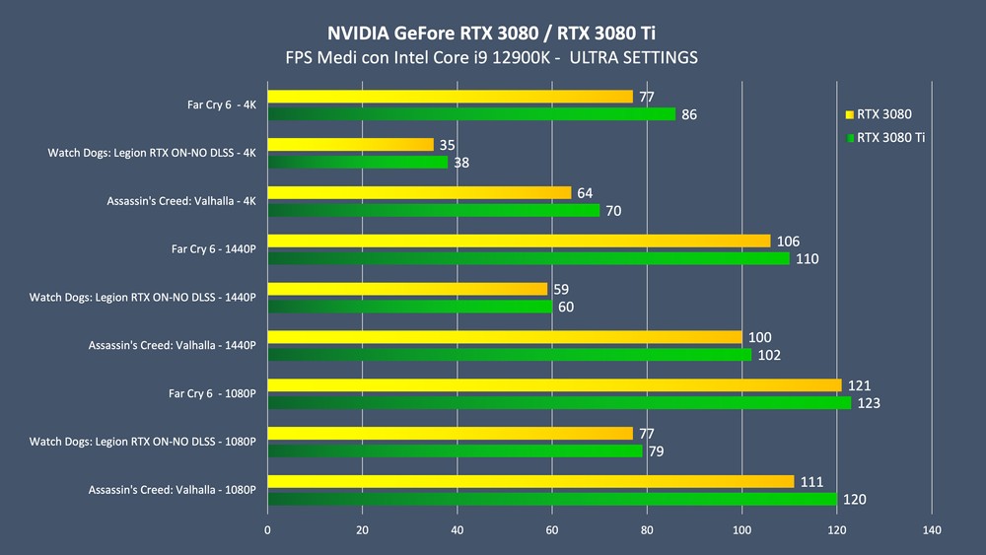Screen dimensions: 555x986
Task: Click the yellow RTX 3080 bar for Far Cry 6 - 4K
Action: [450, 97]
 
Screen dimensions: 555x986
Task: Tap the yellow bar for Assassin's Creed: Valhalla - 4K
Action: [419, 192]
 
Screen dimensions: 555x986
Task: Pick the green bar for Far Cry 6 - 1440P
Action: [528, 258]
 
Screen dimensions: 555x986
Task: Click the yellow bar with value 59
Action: [407, 289]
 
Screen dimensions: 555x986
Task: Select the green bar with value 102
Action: [509, 355]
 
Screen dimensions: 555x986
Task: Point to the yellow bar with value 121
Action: [554, 384]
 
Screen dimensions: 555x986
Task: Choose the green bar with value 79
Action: [455, 451]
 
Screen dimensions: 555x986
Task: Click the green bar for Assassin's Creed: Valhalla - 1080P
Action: [552, 499]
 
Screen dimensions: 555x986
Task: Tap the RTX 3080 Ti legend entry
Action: [890, 137]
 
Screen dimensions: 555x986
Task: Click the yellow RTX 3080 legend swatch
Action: [850, 113]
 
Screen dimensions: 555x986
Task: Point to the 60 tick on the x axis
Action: [552, 530]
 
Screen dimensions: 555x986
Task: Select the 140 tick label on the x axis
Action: [932, 530]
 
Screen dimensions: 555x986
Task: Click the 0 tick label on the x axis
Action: [267, 530]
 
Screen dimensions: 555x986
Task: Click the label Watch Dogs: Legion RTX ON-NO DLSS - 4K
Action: [152, 153]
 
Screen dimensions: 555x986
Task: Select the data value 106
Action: [788, 242]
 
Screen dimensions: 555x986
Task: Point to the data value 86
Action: [689, 115]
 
